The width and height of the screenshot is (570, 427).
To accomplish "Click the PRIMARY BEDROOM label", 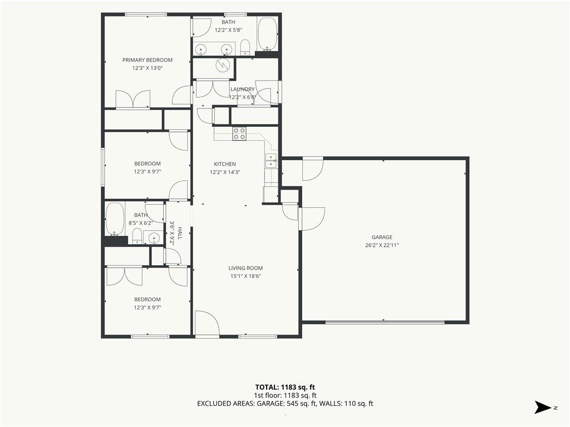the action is (147, 60).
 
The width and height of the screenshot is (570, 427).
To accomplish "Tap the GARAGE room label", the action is (382, 237).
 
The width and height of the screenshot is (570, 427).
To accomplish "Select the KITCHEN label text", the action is (225, 164).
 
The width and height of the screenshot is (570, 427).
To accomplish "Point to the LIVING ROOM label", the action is (245, 268).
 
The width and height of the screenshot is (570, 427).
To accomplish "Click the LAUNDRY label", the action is (243, 89).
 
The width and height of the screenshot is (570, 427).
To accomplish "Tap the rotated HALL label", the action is (179, 234).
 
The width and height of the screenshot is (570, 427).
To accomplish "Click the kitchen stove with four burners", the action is (239, 133).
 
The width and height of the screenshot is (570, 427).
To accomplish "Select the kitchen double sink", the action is (272, 161).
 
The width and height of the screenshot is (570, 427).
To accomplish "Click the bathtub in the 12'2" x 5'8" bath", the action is (268, 34).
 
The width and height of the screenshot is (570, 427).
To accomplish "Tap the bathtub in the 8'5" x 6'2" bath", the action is (115, 219).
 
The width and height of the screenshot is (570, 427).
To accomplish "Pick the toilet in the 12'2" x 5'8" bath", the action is (245, 48).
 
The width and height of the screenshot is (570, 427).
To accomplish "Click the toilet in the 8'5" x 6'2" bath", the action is (137, 236).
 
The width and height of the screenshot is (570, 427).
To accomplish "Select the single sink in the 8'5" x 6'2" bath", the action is (154, 238).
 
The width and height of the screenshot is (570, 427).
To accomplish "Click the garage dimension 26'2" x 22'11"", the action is (382, 245).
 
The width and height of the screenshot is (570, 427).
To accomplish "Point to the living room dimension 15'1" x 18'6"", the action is (245, 276).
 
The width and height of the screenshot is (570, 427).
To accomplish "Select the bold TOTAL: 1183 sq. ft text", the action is (285, 387).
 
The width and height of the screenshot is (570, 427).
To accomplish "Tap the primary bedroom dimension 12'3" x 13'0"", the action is (147, 68).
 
